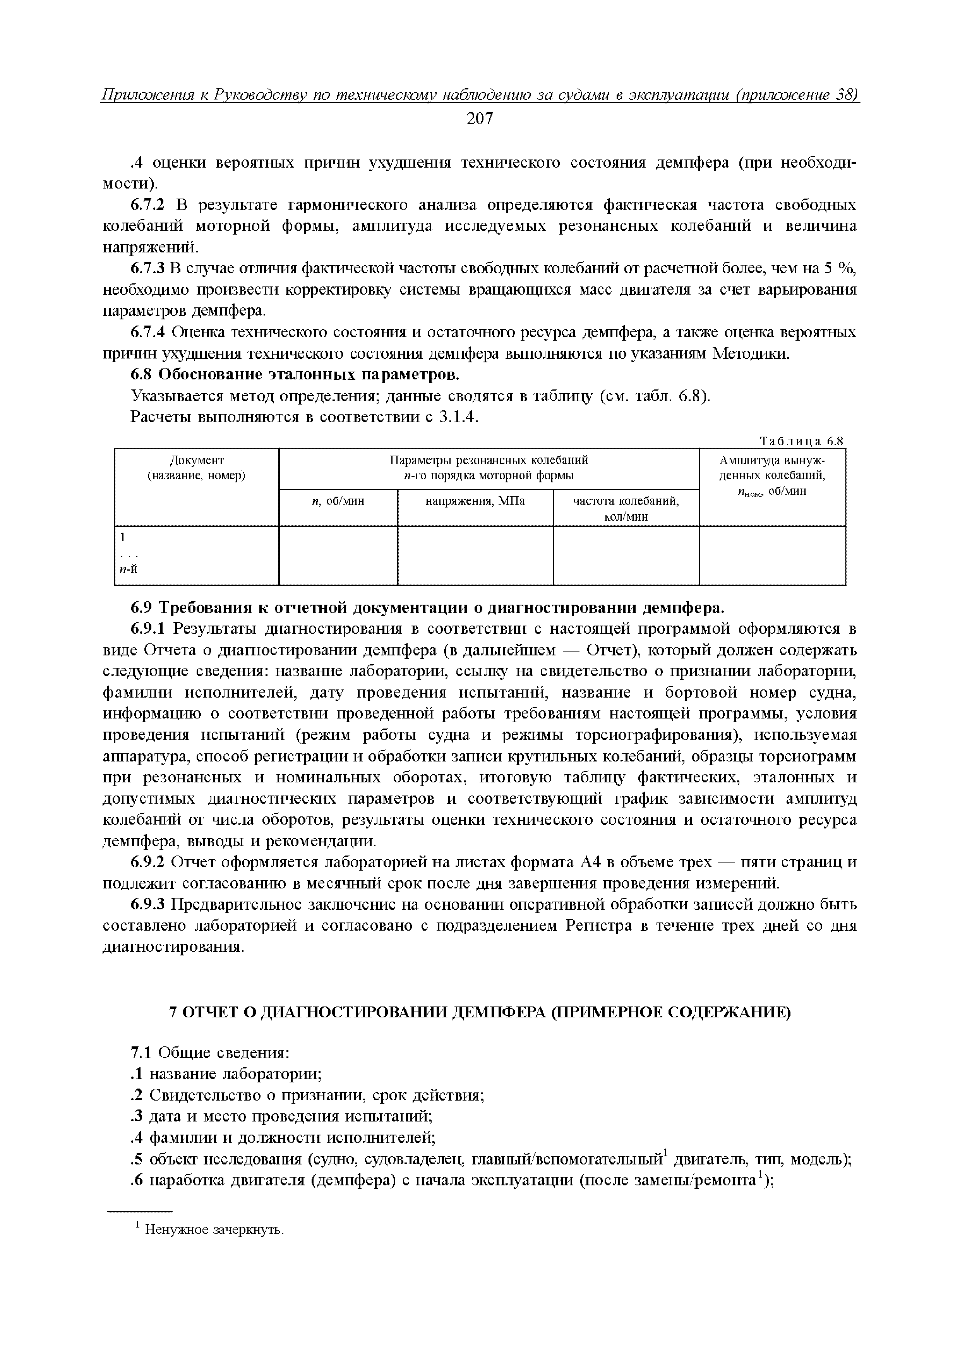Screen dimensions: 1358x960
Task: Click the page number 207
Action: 479,119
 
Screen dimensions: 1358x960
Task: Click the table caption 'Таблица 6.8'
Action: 801,441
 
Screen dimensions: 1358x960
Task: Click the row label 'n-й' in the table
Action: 129,569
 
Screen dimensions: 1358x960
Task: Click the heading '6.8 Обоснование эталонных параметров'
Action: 294,375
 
